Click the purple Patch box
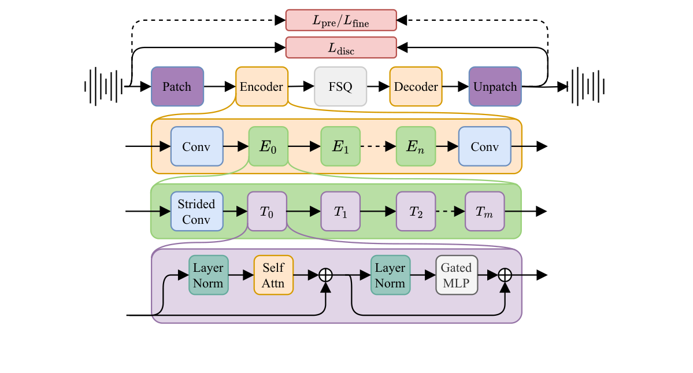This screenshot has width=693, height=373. pyautogui.click(x=177, y=87)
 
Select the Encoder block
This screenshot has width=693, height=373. pyautogui.click(x=261, y=87)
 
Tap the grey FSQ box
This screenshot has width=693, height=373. pyautogui.click(x=340, y=87)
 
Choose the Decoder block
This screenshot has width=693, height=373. pyautogui.click(x=416, y=87)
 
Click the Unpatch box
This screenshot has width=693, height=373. pyautogui.click(x=495, y=87)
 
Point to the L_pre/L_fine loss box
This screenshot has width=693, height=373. pyautogui.click(x=341, y=20)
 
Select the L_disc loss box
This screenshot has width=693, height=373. pyautogui.click(x=341, y=47)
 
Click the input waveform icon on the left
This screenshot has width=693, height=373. pyautogui.click(x=103, y=87)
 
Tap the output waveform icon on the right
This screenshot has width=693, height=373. pyautogui.click(x=587, y=87)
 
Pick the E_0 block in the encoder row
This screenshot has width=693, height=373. pyautogui.click(x=268, y=146)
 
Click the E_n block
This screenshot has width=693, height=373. pyautogui.click(x=415, y=146)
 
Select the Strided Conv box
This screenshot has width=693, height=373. pyautogui.click(x=197, y=211)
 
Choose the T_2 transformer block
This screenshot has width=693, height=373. pyautogui.click(x=415, y=211)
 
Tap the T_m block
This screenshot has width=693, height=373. pyautogui.click(x=485, y=211)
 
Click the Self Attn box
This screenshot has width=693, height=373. pyautogui.click(x=273, y=275)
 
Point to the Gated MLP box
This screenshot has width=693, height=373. pyautogui.click(x=457, y=275)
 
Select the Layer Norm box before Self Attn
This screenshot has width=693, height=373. pyautogui.click(x=208, y=275)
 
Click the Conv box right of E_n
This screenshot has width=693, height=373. pyautogui.click(x=484, y=146)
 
